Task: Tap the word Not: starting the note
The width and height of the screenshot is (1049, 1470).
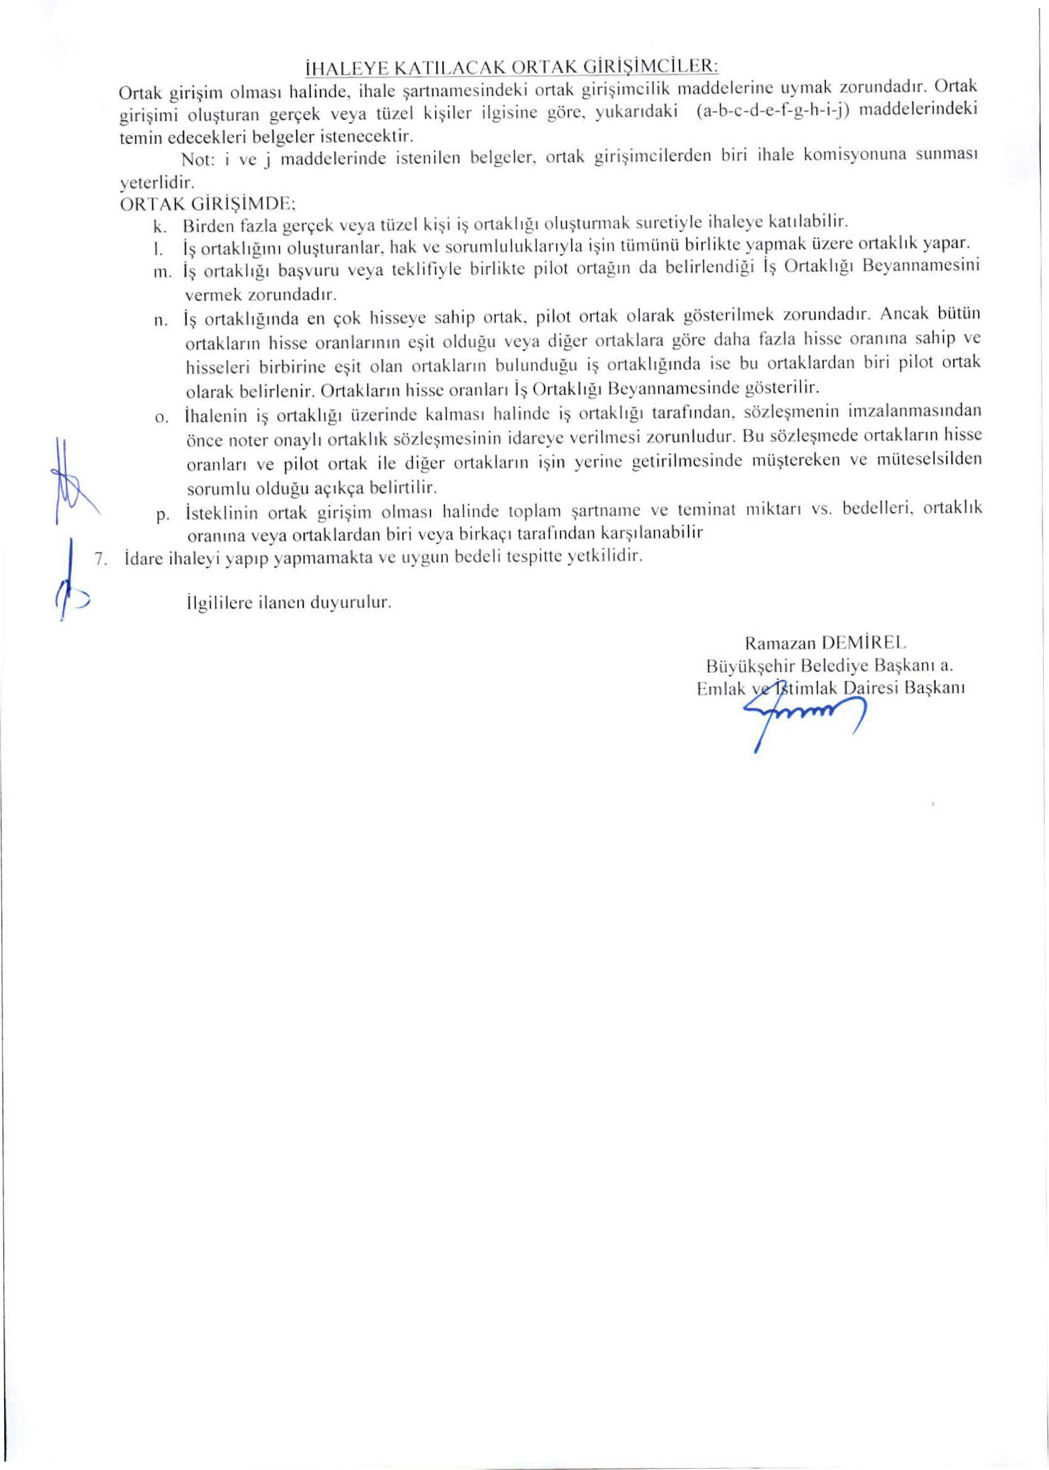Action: (193, 159)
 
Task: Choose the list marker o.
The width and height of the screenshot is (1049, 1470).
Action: (161, 417)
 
